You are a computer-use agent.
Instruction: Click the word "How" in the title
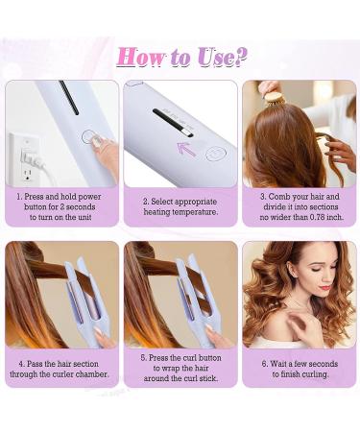point(141,56)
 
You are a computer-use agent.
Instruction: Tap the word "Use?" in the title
point(219,56)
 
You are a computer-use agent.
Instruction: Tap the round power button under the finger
point(89,137)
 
